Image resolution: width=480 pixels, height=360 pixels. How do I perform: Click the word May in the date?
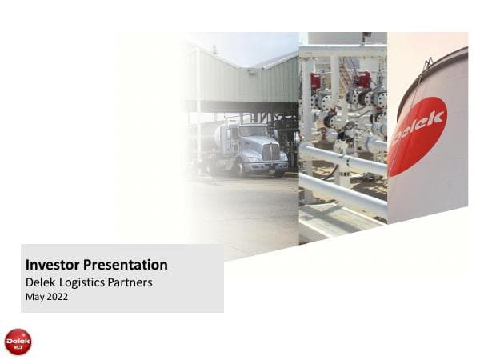click(35, 297)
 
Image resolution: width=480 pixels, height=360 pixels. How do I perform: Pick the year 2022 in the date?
click(58, 297)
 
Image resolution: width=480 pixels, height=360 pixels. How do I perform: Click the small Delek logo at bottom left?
click(18, 342)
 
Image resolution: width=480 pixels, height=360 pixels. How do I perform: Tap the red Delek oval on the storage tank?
click(417, 135)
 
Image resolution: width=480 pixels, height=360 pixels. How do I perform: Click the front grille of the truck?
click(271, 151)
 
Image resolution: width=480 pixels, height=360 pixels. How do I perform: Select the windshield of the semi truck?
click(254, 131)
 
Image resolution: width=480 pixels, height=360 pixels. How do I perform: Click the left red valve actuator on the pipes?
click(317, 81)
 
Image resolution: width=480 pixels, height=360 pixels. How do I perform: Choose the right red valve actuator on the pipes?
click(365, 79)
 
